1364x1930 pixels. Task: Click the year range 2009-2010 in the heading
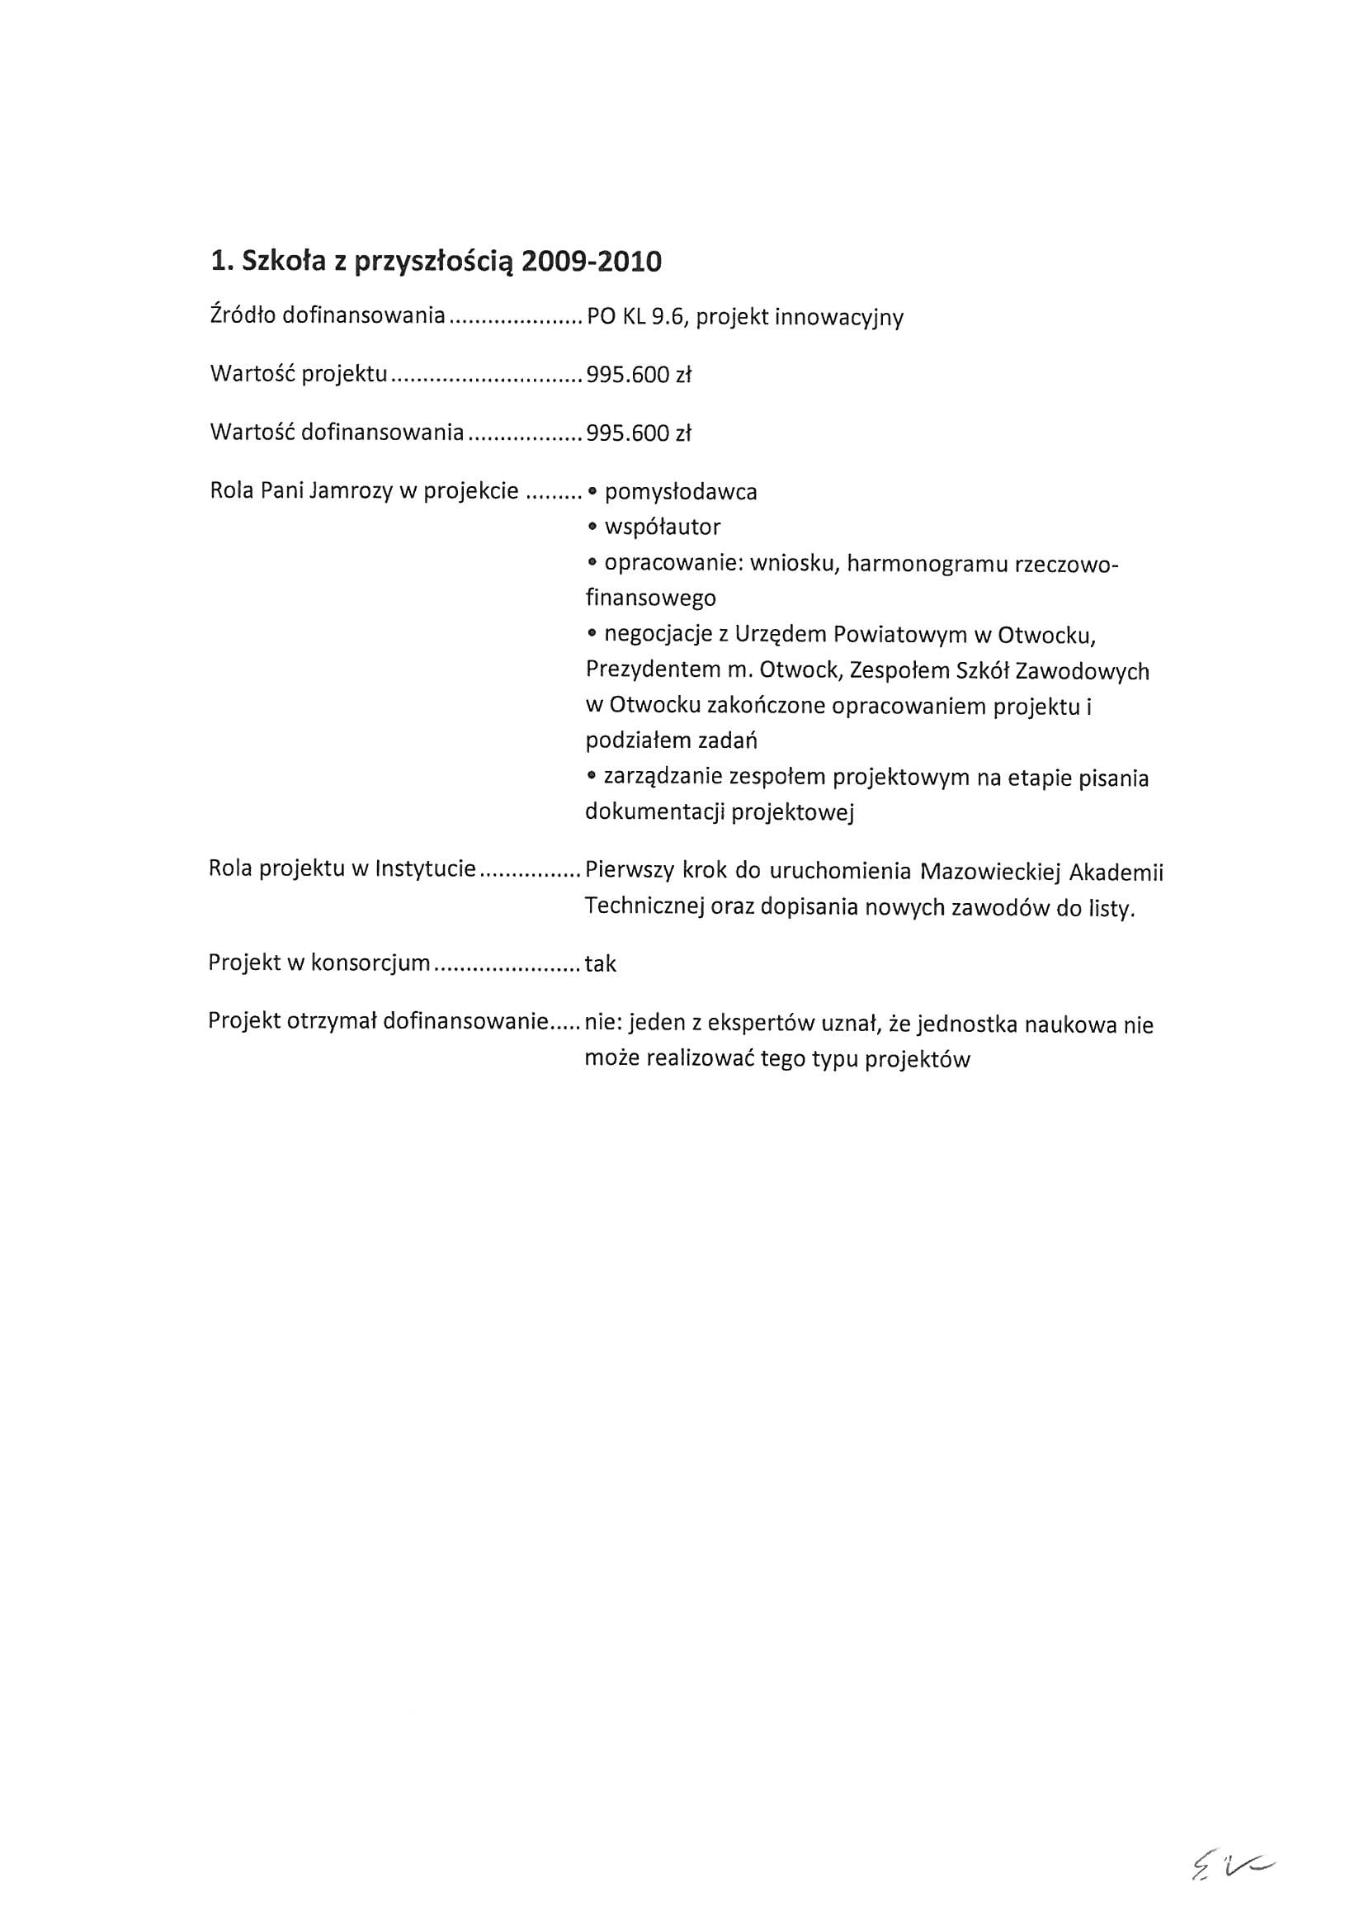[x=591, y=263]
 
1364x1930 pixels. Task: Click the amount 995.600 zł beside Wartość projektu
[x=638, y=375]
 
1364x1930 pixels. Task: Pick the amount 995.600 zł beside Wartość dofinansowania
[x=638, y=433]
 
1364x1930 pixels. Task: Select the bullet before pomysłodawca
[x=592, y=492]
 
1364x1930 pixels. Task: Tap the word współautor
[x=663, y=527]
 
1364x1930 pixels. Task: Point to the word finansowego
[x=650, y=598]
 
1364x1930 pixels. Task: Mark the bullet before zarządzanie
[x=592, y=778]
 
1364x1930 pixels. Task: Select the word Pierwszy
[x=629, y=870]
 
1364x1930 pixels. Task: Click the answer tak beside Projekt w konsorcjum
[x=600, y=964]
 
